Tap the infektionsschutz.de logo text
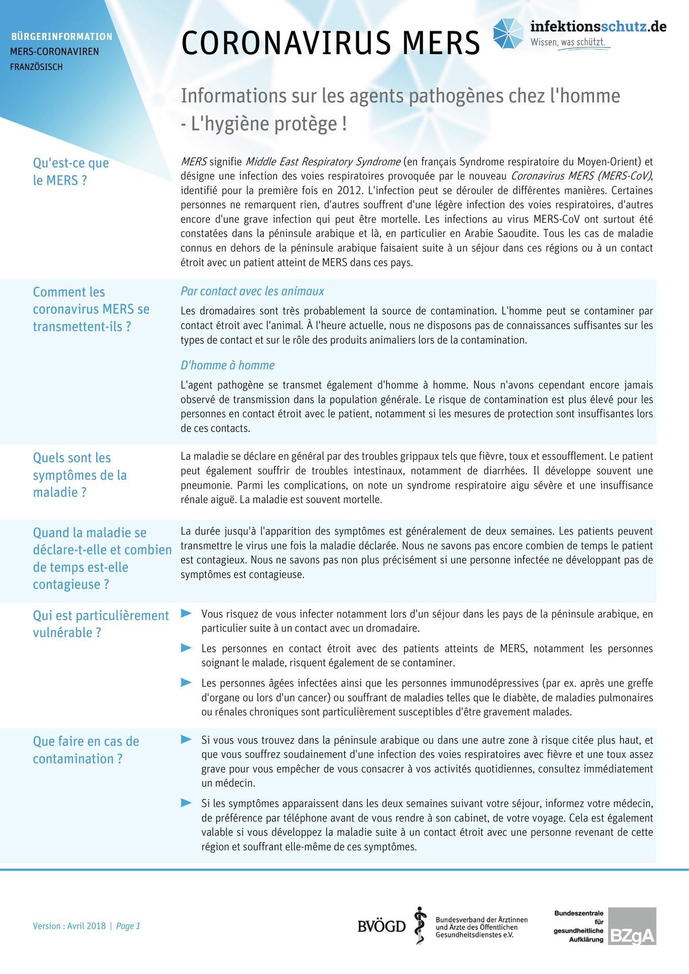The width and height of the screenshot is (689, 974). click(x=598, y=26)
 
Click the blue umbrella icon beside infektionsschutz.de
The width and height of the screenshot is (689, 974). click(x=508, y=33)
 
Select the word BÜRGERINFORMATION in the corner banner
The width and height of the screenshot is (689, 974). click(x=62, y=37)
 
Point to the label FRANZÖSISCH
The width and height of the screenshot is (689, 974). click(x=37, y=67)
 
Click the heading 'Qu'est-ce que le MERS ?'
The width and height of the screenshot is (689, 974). click(x=71, y=171)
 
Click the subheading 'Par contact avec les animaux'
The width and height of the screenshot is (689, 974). click(x=252, y=291)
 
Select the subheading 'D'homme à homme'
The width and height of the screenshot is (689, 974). click(x=227, y=365)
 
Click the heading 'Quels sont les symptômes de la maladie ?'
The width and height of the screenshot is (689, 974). click(x=80, y=475)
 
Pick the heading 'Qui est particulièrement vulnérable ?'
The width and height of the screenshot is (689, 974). click(x=100, y=624)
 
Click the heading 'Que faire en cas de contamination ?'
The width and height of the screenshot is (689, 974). click(x=86, y=750)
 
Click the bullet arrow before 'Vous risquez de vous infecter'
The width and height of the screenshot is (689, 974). click(x=186, y=613)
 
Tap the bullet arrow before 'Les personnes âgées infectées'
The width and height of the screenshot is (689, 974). click(x=186, y=682)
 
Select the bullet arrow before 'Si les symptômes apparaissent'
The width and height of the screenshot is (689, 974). click(x=186, y=803)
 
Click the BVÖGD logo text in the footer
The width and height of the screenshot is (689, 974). click(x=382, y=926)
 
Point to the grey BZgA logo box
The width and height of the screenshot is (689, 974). click(x=632, y=926)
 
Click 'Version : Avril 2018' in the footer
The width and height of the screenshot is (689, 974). click(x=69, y=926)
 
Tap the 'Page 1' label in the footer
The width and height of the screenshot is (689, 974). click(x=128, y=926)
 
